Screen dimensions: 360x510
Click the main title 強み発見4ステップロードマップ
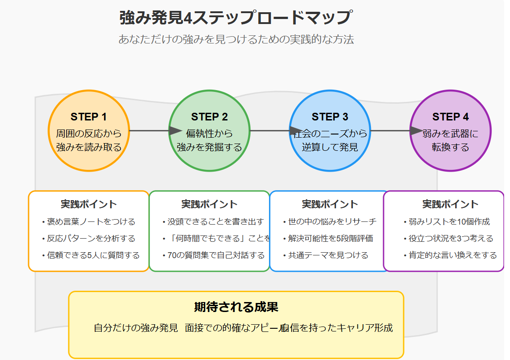click(235, 18)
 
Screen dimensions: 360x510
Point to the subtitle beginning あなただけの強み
click(236, 39)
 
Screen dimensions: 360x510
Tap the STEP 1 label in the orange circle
click(89, 117)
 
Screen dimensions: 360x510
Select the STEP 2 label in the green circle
click(209, 117)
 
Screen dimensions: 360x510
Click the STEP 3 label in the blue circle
click(330, 117)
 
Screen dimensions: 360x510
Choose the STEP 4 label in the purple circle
click(450, 117)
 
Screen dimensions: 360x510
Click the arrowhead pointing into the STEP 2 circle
click(175, 131)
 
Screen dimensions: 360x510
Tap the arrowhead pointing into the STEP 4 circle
click(416, 131)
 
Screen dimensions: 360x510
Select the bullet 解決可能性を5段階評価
click(330, 239)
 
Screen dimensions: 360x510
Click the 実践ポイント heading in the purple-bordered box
click(450, 204)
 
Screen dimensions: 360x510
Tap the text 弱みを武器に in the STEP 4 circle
click(450, 134)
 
